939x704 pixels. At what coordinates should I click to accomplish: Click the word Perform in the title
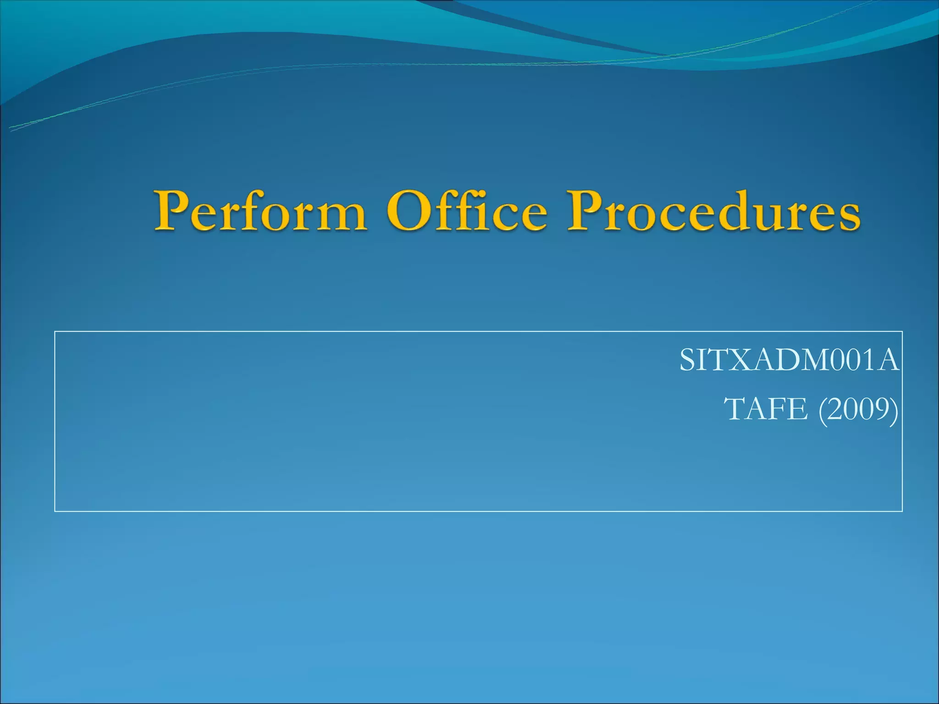(x=260, y=212)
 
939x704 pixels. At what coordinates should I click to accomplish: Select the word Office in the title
(x=467, y=212)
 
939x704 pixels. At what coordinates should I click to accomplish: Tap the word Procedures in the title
(x=713, y=212)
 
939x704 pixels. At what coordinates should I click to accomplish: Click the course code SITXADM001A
(x=789, y=361)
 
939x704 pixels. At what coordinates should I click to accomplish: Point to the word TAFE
(x=766, y=409)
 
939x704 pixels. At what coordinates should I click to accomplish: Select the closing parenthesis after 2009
(x=894, y=410)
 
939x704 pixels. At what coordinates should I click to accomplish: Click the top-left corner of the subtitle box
(x=55, y=331)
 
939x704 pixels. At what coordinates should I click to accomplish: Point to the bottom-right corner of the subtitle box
(x=902, y=511)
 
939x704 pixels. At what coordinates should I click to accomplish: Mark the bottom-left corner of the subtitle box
(x=55, y=511)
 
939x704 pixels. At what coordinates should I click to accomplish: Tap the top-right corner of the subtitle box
(x=902, y=331)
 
